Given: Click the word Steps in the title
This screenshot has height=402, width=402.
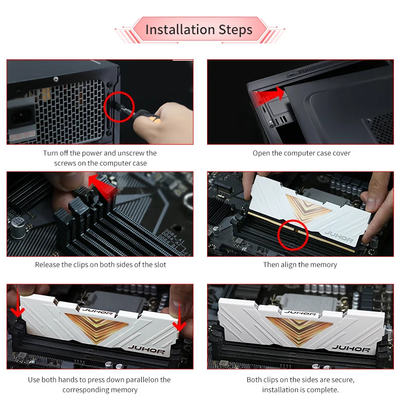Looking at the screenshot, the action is tap(235, 30).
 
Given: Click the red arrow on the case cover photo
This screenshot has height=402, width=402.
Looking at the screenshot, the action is tap(268, 94).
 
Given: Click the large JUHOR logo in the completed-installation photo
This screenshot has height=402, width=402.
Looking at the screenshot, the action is tap(351, 348).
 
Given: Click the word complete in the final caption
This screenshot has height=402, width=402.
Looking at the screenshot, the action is tap(322, 390).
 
